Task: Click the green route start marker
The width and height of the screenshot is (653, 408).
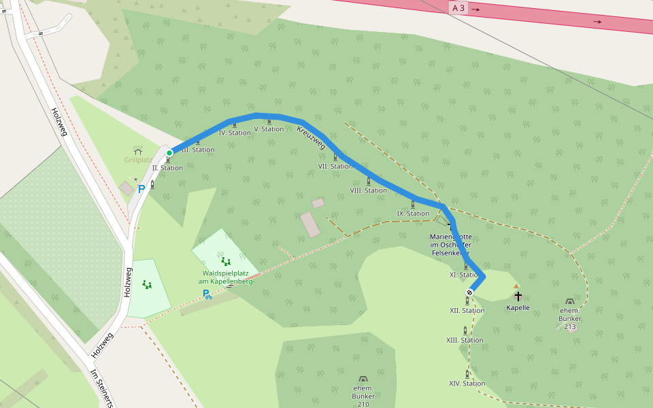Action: [169, 152]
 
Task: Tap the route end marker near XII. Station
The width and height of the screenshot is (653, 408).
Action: [469, 292]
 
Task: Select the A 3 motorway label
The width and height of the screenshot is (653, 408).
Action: [458, 8]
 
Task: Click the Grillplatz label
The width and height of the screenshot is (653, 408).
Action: [137, 160]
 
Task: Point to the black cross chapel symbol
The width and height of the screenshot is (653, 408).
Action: [518, 296]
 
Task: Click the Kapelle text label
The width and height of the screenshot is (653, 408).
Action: [518, 308]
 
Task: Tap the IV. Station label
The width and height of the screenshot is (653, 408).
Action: [235, 133]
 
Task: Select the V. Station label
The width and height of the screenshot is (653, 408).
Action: [269, 129]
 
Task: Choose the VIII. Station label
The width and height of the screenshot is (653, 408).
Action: [369, 190]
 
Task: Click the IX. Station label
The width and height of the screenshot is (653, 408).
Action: [413, 214]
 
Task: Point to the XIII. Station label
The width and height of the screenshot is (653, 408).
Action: [465, 340]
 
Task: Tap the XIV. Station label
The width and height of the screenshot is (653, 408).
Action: [467, 384]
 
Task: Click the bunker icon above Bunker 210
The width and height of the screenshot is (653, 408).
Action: [363, 379]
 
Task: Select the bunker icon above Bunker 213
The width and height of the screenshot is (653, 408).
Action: [569, 301]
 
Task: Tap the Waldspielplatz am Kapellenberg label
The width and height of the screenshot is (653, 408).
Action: [225, 277]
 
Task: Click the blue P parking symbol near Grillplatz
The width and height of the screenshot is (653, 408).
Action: [141, 190]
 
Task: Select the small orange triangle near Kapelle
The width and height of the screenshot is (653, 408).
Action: [516, 286]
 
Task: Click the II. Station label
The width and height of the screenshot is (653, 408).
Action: [167, 168]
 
